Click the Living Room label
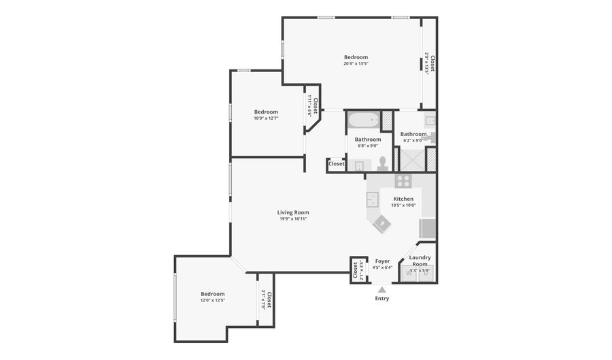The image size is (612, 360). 293,212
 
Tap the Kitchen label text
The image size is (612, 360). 403,199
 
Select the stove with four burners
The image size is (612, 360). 403,181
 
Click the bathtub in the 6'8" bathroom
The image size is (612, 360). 363,121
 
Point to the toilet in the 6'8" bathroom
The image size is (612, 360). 383,163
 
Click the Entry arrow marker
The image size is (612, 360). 382,289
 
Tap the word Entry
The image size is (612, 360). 382,298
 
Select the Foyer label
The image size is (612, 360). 382,261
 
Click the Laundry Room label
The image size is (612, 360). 420,261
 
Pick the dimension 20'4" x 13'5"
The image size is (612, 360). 356,63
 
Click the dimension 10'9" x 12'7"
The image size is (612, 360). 266,118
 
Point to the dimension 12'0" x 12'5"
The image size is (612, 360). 212,299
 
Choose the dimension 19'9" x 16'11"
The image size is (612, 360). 293,218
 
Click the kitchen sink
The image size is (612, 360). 373,199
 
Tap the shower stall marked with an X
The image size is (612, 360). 411,159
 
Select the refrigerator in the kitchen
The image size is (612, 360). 427,228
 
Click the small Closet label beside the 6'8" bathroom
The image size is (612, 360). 337,164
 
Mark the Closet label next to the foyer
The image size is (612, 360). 355,270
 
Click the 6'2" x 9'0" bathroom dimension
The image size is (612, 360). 413,140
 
